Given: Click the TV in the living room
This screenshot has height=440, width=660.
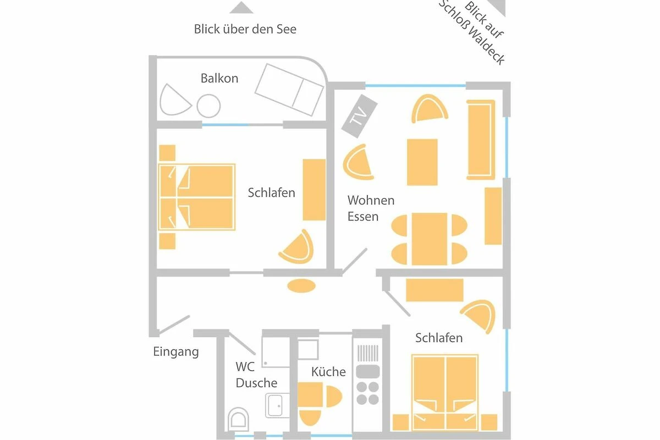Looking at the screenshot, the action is coord(359,116).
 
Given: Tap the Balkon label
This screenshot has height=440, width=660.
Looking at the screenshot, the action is coord(219,79).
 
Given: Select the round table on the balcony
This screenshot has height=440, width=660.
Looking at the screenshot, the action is coord(208,106).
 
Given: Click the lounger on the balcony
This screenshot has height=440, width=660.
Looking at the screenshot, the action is coord(289,90).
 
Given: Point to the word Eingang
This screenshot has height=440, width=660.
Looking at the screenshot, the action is coord(176,351).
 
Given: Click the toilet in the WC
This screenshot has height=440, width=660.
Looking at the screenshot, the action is coord(238,419).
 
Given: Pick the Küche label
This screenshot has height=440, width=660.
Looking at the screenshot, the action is coord(328,372).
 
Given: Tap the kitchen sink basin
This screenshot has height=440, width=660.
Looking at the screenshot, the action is coord(368,371).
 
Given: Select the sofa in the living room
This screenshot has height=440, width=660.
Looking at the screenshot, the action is coord(481,140).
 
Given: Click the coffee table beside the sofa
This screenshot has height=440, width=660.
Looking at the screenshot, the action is coord(422,162).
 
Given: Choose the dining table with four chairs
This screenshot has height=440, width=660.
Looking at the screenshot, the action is coord(430,239).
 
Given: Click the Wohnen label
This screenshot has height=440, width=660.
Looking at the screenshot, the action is coord(371,200).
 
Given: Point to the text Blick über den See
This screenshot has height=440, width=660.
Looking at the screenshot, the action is coord(245,29).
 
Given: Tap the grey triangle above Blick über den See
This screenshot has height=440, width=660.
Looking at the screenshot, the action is coord(241,8).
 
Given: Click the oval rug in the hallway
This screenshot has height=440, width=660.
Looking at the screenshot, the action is coord(301,285).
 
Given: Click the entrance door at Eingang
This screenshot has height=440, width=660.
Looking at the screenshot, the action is coord(174,324).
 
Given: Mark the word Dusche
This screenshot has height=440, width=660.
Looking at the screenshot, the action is coord(256,383).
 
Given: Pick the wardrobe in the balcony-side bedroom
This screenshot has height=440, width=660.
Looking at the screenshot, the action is coord(315,190).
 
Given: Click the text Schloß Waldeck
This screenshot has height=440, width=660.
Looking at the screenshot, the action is coord(471,33).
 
